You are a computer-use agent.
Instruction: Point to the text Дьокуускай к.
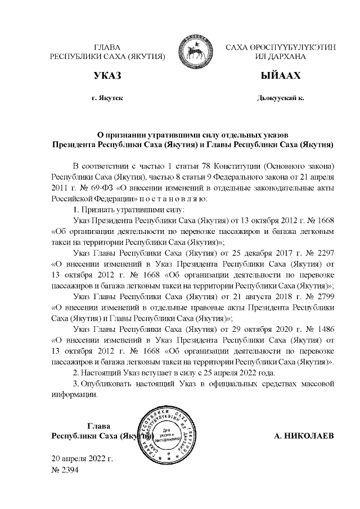[280, 98]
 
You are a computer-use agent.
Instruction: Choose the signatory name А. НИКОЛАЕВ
[303, 436]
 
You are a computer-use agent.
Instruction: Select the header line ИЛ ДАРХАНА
[280, 57]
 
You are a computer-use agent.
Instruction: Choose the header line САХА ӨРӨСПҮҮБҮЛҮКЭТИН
[280, 47]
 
